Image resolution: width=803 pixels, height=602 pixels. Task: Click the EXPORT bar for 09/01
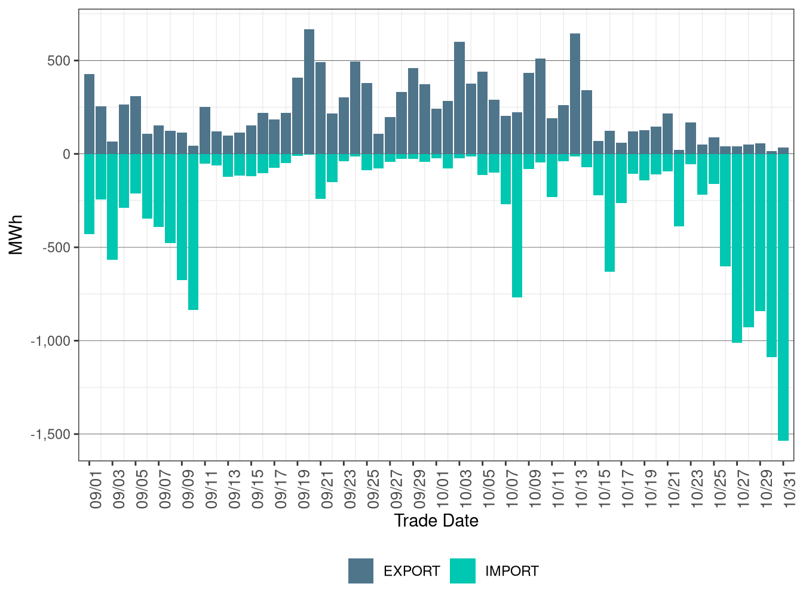[x=89, y=114]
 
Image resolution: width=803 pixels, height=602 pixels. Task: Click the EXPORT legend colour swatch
[x=361, y=571]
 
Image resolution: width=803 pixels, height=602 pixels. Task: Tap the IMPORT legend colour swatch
[x=462, y=571]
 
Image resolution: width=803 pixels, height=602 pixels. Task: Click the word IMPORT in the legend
[x=511, y=572]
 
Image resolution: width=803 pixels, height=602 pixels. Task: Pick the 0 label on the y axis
[x=66, y=154]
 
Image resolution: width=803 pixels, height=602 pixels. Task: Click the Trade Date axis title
[x=436, y=521]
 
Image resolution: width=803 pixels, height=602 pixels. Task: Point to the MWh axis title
[x=16, y=235]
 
